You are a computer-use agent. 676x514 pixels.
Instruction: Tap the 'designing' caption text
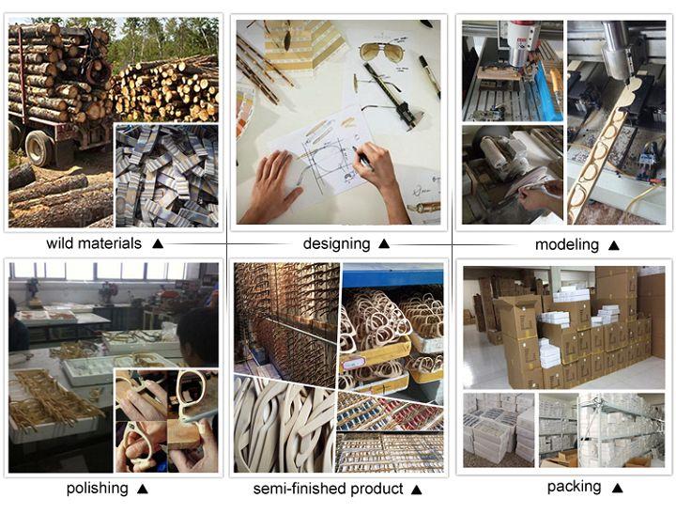[336, 244]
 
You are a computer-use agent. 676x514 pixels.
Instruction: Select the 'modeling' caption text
[567, 245]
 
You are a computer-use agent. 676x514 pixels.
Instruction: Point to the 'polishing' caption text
[97, 489]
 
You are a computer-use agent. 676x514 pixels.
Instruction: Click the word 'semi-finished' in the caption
[300, 489]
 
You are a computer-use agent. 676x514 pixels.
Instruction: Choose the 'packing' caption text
[574, 487]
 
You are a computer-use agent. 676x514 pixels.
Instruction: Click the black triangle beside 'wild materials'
[158, 243]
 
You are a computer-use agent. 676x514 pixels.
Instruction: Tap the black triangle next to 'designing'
[384, 244]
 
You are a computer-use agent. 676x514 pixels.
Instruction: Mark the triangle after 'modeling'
[614, 246]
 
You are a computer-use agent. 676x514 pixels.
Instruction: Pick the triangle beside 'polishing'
[143, 490]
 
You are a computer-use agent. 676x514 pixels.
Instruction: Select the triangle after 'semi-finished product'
[416, 490]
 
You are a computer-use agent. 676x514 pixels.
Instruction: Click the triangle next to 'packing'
[618, 488]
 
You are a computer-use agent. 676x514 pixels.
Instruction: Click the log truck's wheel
[38, 148]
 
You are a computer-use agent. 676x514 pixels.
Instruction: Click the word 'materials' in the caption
[113, 243]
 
